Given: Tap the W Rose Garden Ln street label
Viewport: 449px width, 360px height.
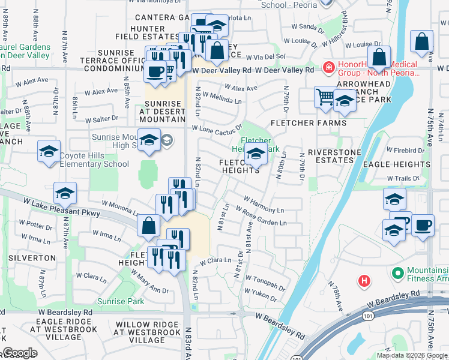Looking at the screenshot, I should click(x=261, y=217).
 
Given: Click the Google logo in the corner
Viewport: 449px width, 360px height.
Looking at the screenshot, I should click(x=20, y=353).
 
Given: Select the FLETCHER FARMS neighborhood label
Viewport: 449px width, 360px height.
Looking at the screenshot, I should click(x=309, y=123).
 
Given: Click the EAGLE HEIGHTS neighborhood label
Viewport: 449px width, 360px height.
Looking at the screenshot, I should click(x=397, y=163).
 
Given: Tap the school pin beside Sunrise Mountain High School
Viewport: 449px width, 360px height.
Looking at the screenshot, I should click(x=149, y=141).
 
